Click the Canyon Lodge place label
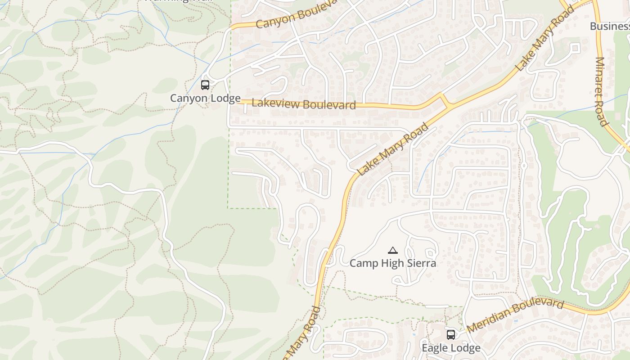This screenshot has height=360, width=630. (205, 98)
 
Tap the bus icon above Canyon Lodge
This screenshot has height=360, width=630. (205, 85)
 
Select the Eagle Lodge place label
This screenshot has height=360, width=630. (451, 348)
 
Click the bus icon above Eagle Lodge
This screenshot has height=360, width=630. (451, 334)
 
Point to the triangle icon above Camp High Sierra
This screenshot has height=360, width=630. (393, 250)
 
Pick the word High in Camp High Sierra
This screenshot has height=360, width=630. (390, 263)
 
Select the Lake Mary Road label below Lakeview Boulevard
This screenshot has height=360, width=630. (393, 150)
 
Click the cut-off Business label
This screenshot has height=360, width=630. (610, 26)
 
